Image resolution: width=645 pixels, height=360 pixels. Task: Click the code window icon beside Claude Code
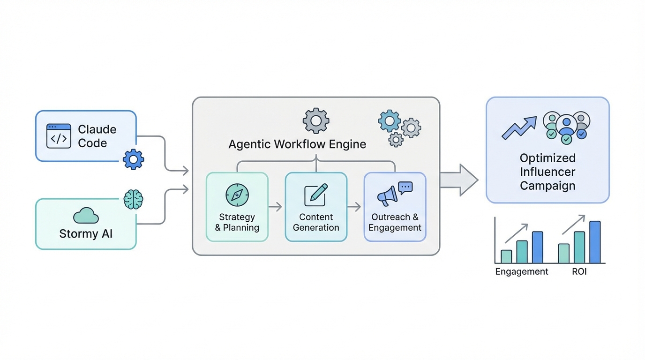point(59,136)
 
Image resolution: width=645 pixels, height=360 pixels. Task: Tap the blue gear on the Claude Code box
point(133,159)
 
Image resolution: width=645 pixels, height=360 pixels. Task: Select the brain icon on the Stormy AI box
point(133,200)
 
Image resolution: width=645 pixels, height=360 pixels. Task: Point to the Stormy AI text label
point(86,233)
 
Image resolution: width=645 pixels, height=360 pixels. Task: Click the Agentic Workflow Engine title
point(297,144)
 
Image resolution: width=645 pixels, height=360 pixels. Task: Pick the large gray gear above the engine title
point(316,121)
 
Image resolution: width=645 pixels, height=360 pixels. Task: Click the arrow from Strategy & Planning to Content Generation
point(276,207)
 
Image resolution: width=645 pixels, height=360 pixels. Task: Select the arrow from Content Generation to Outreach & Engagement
point(355,207)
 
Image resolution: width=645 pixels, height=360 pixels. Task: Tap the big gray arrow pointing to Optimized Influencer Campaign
point(458,180)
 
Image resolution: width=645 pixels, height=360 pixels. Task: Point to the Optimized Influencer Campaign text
point(547,172)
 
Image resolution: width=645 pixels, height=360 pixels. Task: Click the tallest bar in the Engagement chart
point(537,247)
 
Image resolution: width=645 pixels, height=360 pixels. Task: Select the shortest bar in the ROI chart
point(564,253)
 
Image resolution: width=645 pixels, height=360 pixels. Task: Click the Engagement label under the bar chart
point(522,272)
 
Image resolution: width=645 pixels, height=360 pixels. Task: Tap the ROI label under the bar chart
point(579,272)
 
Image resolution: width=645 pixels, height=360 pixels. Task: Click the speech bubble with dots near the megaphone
point(405,187)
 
